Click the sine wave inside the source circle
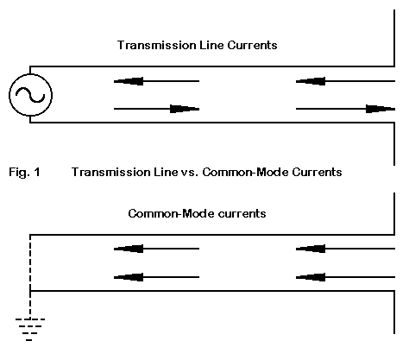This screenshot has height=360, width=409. [x=30, y=95]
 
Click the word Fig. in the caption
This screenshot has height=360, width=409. [x=19, y=172]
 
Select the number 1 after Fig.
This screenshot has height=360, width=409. [x=37, y=172]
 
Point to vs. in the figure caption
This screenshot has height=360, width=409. [x=190, y=172]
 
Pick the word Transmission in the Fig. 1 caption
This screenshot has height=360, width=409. [x=111, y=172]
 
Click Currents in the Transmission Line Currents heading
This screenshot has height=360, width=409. [x=252, y=45]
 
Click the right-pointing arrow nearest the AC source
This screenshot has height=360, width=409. [x=156, y=109]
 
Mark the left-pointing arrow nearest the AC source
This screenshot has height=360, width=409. [x=156, y=81]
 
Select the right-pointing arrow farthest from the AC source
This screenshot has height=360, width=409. [x=345, y=109]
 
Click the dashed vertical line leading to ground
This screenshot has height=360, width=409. [x=30, y=276]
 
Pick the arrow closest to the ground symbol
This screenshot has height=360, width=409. [x=156, y=277]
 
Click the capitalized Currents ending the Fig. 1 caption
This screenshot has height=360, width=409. [x=317, y=172]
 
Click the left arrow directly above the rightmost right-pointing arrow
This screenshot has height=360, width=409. [x=345, y=81]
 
